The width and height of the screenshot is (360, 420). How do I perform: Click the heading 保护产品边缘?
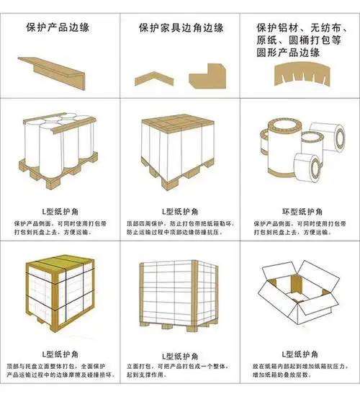[x=60, y=28]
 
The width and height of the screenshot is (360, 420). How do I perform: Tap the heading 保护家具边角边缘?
[x=181, y=28]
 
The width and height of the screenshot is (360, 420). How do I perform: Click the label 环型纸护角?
[x=300, y=211]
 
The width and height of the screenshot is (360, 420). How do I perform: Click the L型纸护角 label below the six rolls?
[x=60, y=211]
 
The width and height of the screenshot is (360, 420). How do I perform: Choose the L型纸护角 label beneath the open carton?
[x=300, y=355]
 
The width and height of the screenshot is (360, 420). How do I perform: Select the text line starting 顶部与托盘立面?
[x=60, y=367]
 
